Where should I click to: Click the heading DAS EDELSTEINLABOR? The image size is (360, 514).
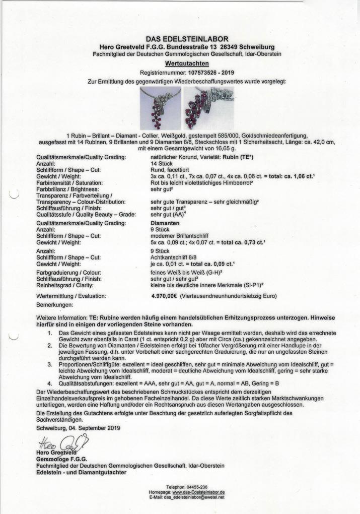180,39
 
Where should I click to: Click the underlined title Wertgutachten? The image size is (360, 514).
180,64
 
